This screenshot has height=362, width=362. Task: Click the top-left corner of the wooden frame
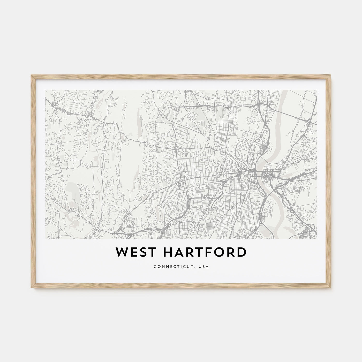(x=31, y=75)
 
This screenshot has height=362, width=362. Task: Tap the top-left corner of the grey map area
(x=46, y=90)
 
